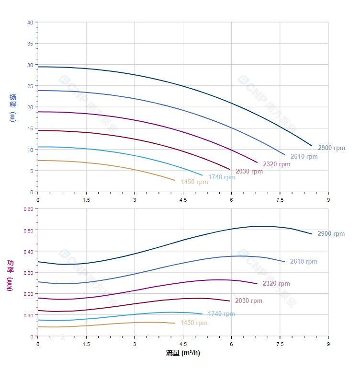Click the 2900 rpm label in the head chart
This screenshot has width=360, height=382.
coord(331,148)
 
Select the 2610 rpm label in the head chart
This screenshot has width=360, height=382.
coord(304,156)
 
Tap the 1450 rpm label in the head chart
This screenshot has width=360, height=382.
coord(194,182)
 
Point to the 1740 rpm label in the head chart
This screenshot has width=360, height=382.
coord(222,177)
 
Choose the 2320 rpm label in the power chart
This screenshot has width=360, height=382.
coord(276,284)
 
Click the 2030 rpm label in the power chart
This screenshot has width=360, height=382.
coord(248,301)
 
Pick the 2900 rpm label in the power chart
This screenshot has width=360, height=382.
coord(331,234)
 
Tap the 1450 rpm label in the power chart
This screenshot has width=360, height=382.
coord(194,323)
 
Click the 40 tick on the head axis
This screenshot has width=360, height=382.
coord(30,23)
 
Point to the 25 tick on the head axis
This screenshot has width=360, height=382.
coord(30,86)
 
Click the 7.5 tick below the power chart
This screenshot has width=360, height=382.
coord(280,344)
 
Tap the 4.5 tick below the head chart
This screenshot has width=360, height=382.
coord(183,200)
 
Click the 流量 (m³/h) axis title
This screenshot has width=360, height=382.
coord(183,353)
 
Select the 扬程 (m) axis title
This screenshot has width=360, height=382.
coord(13,107)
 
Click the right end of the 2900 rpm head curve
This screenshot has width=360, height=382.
coord(312,146)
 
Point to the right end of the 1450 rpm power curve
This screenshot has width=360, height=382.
coord(175,323)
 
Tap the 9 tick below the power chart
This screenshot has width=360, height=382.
coord(328,344)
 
